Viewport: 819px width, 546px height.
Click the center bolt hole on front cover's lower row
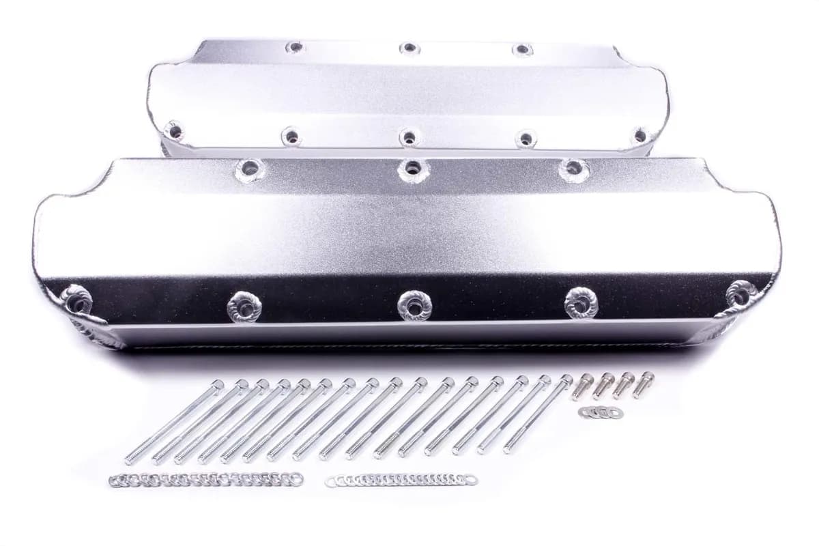click(x=412, y=305)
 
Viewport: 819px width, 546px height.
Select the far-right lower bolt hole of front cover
click(x=740, y=295)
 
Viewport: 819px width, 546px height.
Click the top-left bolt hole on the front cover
click(x=249, y=168)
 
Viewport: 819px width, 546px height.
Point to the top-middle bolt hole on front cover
click(x=412, y=167)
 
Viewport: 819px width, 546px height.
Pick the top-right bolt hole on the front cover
click(x=573, y=168)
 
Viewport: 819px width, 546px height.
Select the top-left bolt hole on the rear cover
click(x=295, y=48)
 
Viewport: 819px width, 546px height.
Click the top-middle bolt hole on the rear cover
click(x=409, y=48)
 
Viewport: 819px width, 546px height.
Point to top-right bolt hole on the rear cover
click(x=522, y=49)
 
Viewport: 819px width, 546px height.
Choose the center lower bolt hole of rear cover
click(x=408, y=137)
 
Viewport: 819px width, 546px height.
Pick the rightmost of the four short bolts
click(x=642, y=384)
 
